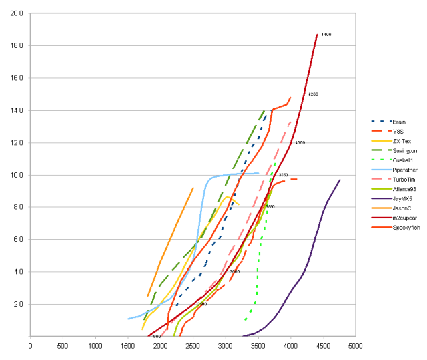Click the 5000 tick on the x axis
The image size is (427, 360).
355,346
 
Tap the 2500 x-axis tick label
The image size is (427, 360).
193,346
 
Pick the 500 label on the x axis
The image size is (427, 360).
63,346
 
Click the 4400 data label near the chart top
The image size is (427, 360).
326,34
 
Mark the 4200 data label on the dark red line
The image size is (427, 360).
313,94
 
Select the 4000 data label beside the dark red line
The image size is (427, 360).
300,143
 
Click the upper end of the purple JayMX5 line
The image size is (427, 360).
340,180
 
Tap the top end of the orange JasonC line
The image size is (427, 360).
193,188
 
